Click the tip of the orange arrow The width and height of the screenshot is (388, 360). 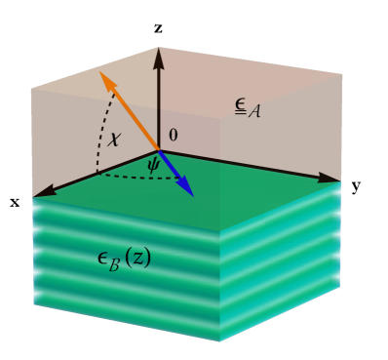pos(101,72)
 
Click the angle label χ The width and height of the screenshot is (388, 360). pos(115,139)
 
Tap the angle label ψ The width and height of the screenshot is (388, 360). pos(153,166)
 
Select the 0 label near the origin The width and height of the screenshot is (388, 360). pos(174,136)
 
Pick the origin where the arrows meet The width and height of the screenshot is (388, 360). pos(159,150)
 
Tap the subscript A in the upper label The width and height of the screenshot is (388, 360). pos(254,111)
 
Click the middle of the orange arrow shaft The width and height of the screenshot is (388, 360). pos(131,112)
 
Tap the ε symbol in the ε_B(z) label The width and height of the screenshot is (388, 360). pos(102,258)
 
